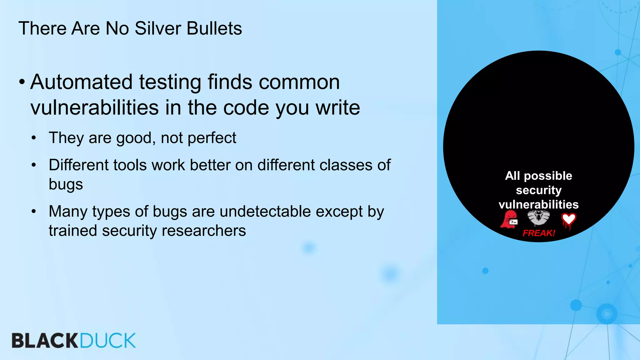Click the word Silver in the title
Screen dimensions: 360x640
tap(158, 28)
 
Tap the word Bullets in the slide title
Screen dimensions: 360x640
tap(214, 28)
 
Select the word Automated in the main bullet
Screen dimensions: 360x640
tap(82, 82)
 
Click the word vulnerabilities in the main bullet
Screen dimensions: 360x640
tap(95, 108)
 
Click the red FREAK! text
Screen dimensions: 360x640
tap(539, 233)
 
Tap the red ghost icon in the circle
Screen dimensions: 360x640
tap(509, 219)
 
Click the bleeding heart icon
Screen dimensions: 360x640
tap(568, 221)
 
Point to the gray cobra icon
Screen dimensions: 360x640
tap(538, 218)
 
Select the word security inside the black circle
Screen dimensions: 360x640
tap(538, 190)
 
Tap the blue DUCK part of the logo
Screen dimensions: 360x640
tap(108, 341)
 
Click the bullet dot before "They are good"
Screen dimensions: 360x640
tap(34, 138)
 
